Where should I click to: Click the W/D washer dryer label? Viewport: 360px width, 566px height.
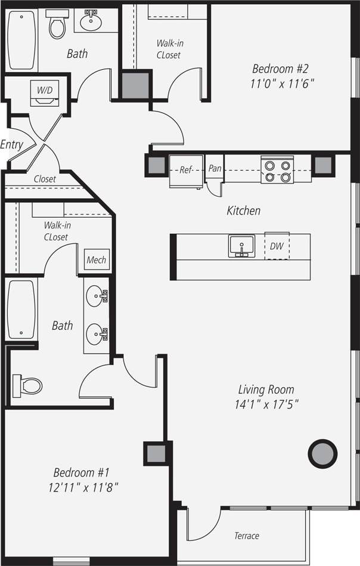click(x=45, y=90)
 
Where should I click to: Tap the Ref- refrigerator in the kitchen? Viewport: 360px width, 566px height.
click(x=186, y=170)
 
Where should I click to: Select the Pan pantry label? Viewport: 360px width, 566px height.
click(x=215, y=169)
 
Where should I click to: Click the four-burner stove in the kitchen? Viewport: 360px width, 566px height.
click(x=277, y=169)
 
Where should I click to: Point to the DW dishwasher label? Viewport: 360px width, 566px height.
click(x=277, y=246)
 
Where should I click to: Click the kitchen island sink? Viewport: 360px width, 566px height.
click(x=241, y=246)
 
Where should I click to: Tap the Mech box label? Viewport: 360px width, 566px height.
click(x=97, y=260)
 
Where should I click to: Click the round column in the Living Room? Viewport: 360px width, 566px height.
click(x=322, y=453)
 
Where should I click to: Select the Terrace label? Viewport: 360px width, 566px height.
click(x=246, y=536)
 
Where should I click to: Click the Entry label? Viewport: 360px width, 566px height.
click(x=12, y=144)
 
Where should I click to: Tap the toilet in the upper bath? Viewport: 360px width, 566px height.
click(x=57, y=24)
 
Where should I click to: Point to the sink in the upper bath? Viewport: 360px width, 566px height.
click(x=91, y=22)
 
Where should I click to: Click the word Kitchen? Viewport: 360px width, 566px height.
click(x=243, y=211)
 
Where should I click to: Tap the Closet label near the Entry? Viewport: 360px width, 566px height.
click(x=45, y=179)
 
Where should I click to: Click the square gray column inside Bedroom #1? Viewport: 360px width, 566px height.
click(x=156, y=453)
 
